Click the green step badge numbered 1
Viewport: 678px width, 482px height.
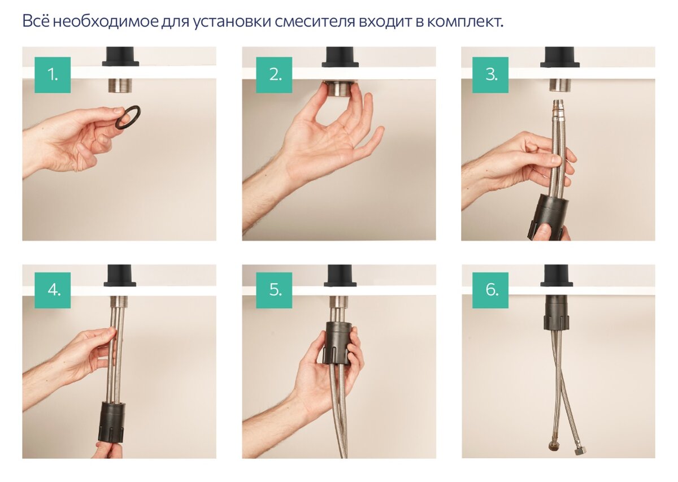pos(53,75)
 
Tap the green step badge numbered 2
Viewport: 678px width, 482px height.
pos(274,75)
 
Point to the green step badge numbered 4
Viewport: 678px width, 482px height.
pos(53,290)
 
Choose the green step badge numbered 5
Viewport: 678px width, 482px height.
pos(274,290)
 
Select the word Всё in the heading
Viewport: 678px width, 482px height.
pos(36,22)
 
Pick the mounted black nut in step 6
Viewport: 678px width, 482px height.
pos(557,312)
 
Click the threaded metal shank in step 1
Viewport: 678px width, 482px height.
pos(120,85)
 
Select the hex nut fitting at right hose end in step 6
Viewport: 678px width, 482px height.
pos(580,452)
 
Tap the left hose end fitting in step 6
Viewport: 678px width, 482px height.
pos(551,448)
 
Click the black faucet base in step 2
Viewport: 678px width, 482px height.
pos(340,57)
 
